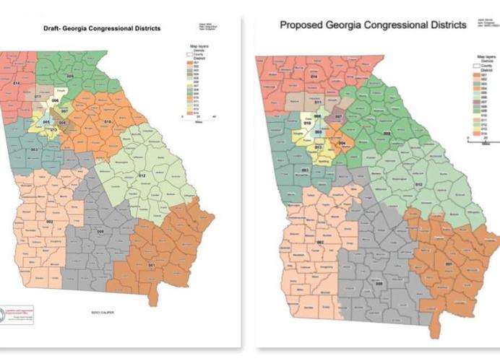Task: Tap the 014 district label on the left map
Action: (x=16, y=84)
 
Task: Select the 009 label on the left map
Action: (x=70, y=76)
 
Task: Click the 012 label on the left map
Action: (x=142, y=175)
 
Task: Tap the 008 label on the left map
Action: (x=100, y=231)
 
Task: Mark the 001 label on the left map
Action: (x=151, y=265)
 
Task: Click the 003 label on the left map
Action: (x=34, y=149)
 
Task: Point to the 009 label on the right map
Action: (x=386, y=133)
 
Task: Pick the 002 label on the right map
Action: (x=318, y=243)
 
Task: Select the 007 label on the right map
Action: (x=338, y=116)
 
